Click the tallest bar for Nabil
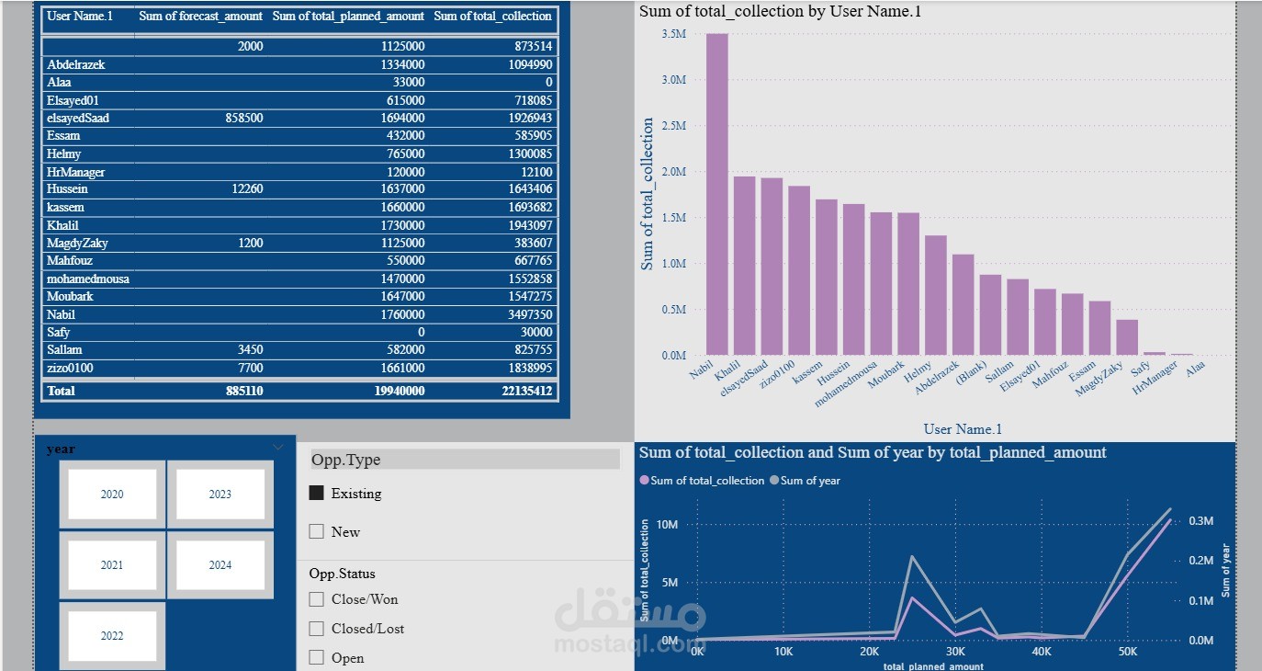716,194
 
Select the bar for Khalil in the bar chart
744,266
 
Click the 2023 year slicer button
220,495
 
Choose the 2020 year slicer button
112,495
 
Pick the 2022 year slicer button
112,636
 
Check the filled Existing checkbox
317,494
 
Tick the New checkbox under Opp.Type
317,531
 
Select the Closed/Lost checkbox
317,629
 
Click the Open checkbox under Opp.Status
317,658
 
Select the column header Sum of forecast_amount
200,17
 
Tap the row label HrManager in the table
76,172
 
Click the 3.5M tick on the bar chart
673,34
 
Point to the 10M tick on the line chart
669,525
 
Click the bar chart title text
780,12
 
